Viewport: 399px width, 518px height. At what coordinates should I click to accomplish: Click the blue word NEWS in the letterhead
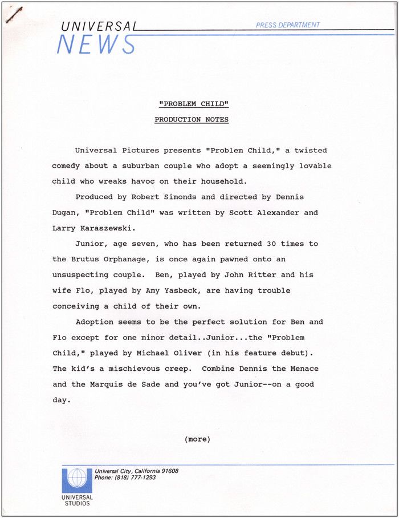tap(96, 44)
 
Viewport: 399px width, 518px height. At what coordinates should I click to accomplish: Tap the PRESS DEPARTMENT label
tap(288, 25)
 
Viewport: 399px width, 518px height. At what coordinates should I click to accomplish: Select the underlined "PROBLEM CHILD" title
tap(194, 104)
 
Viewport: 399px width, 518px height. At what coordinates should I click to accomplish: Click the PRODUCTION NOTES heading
tap(192, 120)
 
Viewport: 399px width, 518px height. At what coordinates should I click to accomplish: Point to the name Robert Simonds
tap(159, 197)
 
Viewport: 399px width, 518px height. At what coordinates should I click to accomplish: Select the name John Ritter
tap(262, 275)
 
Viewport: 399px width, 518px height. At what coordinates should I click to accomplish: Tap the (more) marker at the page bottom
tap(197, 439)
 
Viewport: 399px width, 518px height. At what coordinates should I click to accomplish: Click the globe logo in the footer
tap(76, 480)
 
